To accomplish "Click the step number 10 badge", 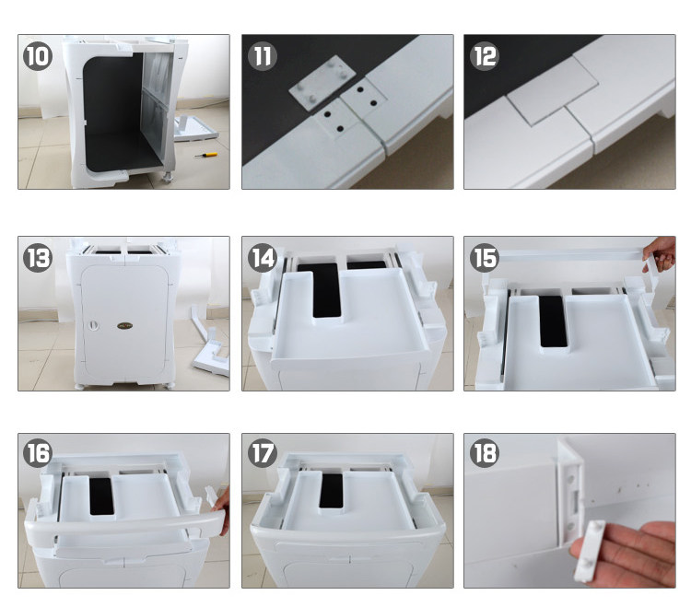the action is (x=38, y=56).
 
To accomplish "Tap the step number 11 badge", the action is (x=263, y=56).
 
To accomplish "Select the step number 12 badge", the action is (x=485, y=56).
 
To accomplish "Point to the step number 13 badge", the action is (x=38, y=258).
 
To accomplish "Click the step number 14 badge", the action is (x=263, y=258).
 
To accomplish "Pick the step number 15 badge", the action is (x=485, y=258).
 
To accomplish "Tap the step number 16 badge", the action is (x=38, y=453).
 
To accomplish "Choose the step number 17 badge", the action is (x=263, y=453).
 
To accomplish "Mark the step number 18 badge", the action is (x=485, y=453).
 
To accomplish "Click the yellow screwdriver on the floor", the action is (x=206, y=155).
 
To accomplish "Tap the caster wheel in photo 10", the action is (x=167, y=177).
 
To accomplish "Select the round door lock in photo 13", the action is (x=93, y=325).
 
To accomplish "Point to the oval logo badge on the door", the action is (x=124, y=326).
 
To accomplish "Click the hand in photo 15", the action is (x=660, y=253).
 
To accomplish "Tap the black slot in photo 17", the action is (x=331, y=491).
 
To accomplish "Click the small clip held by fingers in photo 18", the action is (x=590, y=550).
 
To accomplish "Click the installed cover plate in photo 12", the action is (x=553, y=91).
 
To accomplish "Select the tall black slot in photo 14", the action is (x=326, y=291).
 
